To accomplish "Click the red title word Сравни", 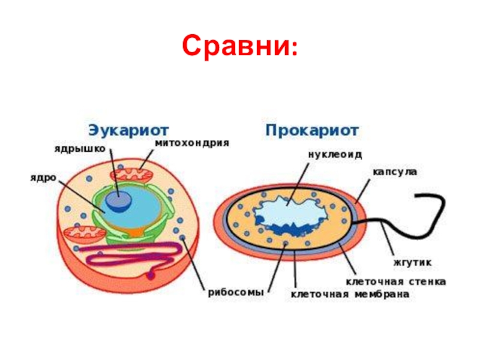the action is click(x=235, y=46).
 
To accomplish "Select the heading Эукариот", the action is click(x=128, y=130).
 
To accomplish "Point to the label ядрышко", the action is click(x=80, y=148).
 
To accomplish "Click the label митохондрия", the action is click(x=192, y=144).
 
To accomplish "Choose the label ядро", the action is click(x=44, y=178).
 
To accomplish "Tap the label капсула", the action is click(x=393, y=172).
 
